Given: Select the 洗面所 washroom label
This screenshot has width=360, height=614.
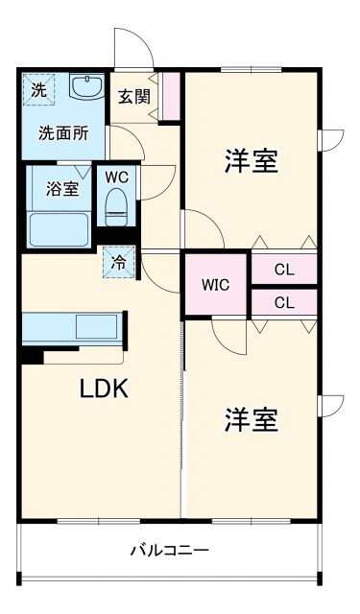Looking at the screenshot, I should (63, 133).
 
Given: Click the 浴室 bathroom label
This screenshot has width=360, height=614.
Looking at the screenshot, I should (62, 188).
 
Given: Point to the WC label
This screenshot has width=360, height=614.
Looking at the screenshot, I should (116, 177).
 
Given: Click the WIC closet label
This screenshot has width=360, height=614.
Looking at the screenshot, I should (216, 285).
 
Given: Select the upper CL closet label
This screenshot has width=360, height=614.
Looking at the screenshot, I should (284, 270).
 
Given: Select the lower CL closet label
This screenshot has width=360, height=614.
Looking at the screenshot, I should (284, 302).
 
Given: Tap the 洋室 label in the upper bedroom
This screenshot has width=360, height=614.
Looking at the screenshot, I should (252, 161).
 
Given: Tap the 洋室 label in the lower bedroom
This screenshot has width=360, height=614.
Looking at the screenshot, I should (252, 419).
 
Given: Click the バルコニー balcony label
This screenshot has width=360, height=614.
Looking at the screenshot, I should (170, 551).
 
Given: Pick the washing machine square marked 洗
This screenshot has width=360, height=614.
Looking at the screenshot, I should (37, 90).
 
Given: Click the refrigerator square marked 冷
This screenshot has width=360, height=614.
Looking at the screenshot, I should (118, 261).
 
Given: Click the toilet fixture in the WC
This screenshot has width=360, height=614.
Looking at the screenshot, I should (117, 203).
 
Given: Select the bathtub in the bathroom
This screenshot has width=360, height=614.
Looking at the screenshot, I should (60, 228).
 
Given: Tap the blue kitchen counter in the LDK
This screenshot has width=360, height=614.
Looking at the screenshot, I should (72, 327).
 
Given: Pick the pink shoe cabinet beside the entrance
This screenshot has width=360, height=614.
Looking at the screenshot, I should (172, 95).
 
